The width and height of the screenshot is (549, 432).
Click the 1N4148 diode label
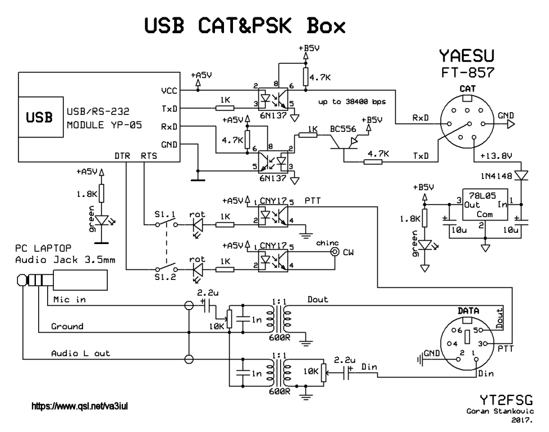[496, 176]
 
